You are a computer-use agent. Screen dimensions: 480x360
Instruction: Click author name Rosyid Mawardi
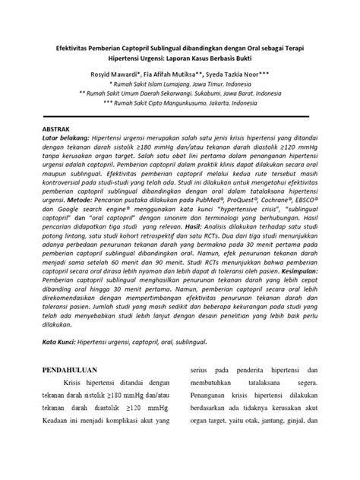[116, 74]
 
